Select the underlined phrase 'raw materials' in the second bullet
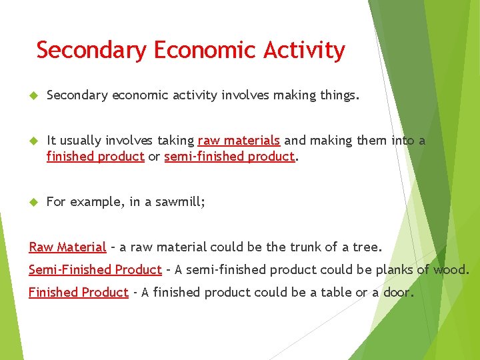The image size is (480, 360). tap(239, 141)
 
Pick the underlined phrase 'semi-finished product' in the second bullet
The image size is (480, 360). tap(229, 157)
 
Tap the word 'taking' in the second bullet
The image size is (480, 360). tap(175, 141)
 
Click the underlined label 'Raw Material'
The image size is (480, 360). tap(67, 247)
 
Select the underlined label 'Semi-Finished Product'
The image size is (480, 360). tap(95, 270)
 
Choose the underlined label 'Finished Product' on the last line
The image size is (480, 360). tap(79, 293)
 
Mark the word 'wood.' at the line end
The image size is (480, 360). tap(451, 270)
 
